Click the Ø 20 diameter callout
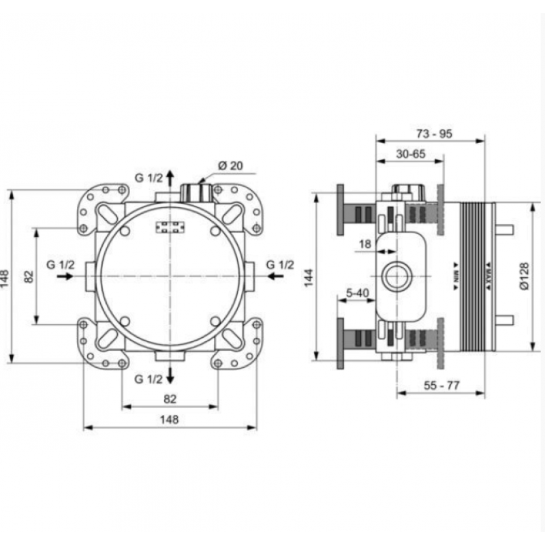point(230,166)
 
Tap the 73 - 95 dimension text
point(434,134)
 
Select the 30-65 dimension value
point(411,154)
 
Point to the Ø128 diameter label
point(524,276)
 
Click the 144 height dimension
point(309,277)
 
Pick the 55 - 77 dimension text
point(441,386)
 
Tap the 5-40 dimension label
point(357,293)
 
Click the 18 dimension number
point(365,244)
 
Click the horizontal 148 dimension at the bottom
point(169,420)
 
